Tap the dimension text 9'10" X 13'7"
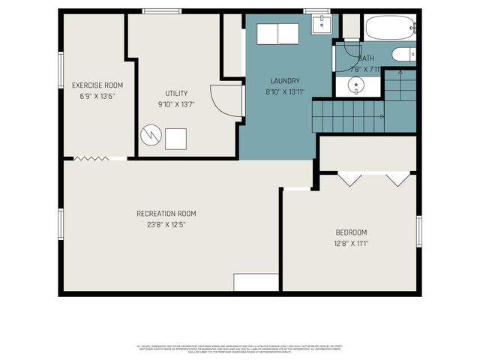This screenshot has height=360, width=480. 177,104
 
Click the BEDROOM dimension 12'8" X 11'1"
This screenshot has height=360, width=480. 350,243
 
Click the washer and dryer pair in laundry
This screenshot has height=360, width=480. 278,34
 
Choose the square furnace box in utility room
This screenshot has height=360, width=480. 176,139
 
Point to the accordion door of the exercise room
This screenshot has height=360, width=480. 92,157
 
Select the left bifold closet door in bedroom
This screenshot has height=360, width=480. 349,178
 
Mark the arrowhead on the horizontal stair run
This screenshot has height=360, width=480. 382,116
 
